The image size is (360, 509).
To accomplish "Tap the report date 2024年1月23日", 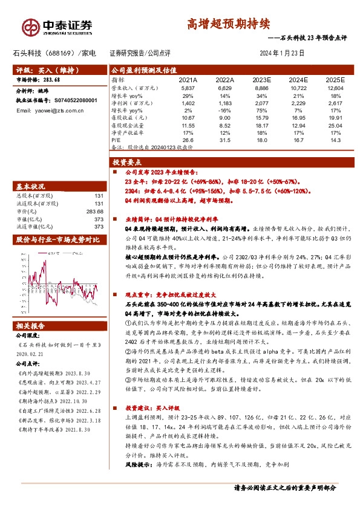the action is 282,53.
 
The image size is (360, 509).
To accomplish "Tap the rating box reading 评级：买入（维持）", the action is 42,70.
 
